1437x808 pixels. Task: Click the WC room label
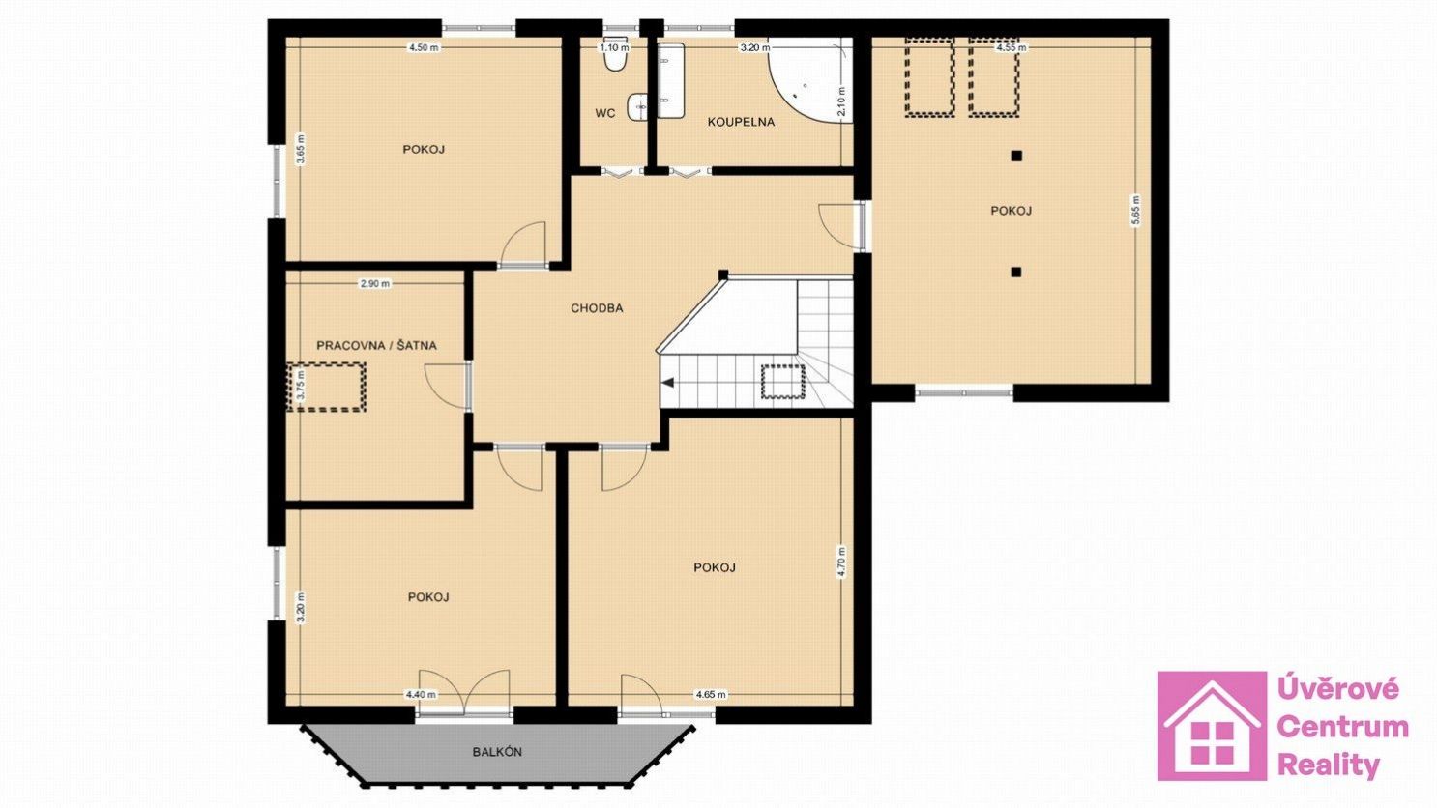605,113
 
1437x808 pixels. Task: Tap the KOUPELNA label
741,122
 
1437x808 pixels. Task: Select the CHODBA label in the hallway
597,308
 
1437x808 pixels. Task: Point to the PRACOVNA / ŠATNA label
376,346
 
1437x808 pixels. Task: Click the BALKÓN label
497,752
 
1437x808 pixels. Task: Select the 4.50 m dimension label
425,47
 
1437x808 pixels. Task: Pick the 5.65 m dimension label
1136,210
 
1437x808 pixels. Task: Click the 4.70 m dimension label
841,563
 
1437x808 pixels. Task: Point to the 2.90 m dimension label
374,283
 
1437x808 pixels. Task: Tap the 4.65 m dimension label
711,695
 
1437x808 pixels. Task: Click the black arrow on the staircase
668,383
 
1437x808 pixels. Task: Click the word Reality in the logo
1328,765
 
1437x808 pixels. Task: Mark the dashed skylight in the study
327,387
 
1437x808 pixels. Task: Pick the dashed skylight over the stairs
782,382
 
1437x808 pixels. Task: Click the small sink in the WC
637,106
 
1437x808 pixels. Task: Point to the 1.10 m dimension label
615,47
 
